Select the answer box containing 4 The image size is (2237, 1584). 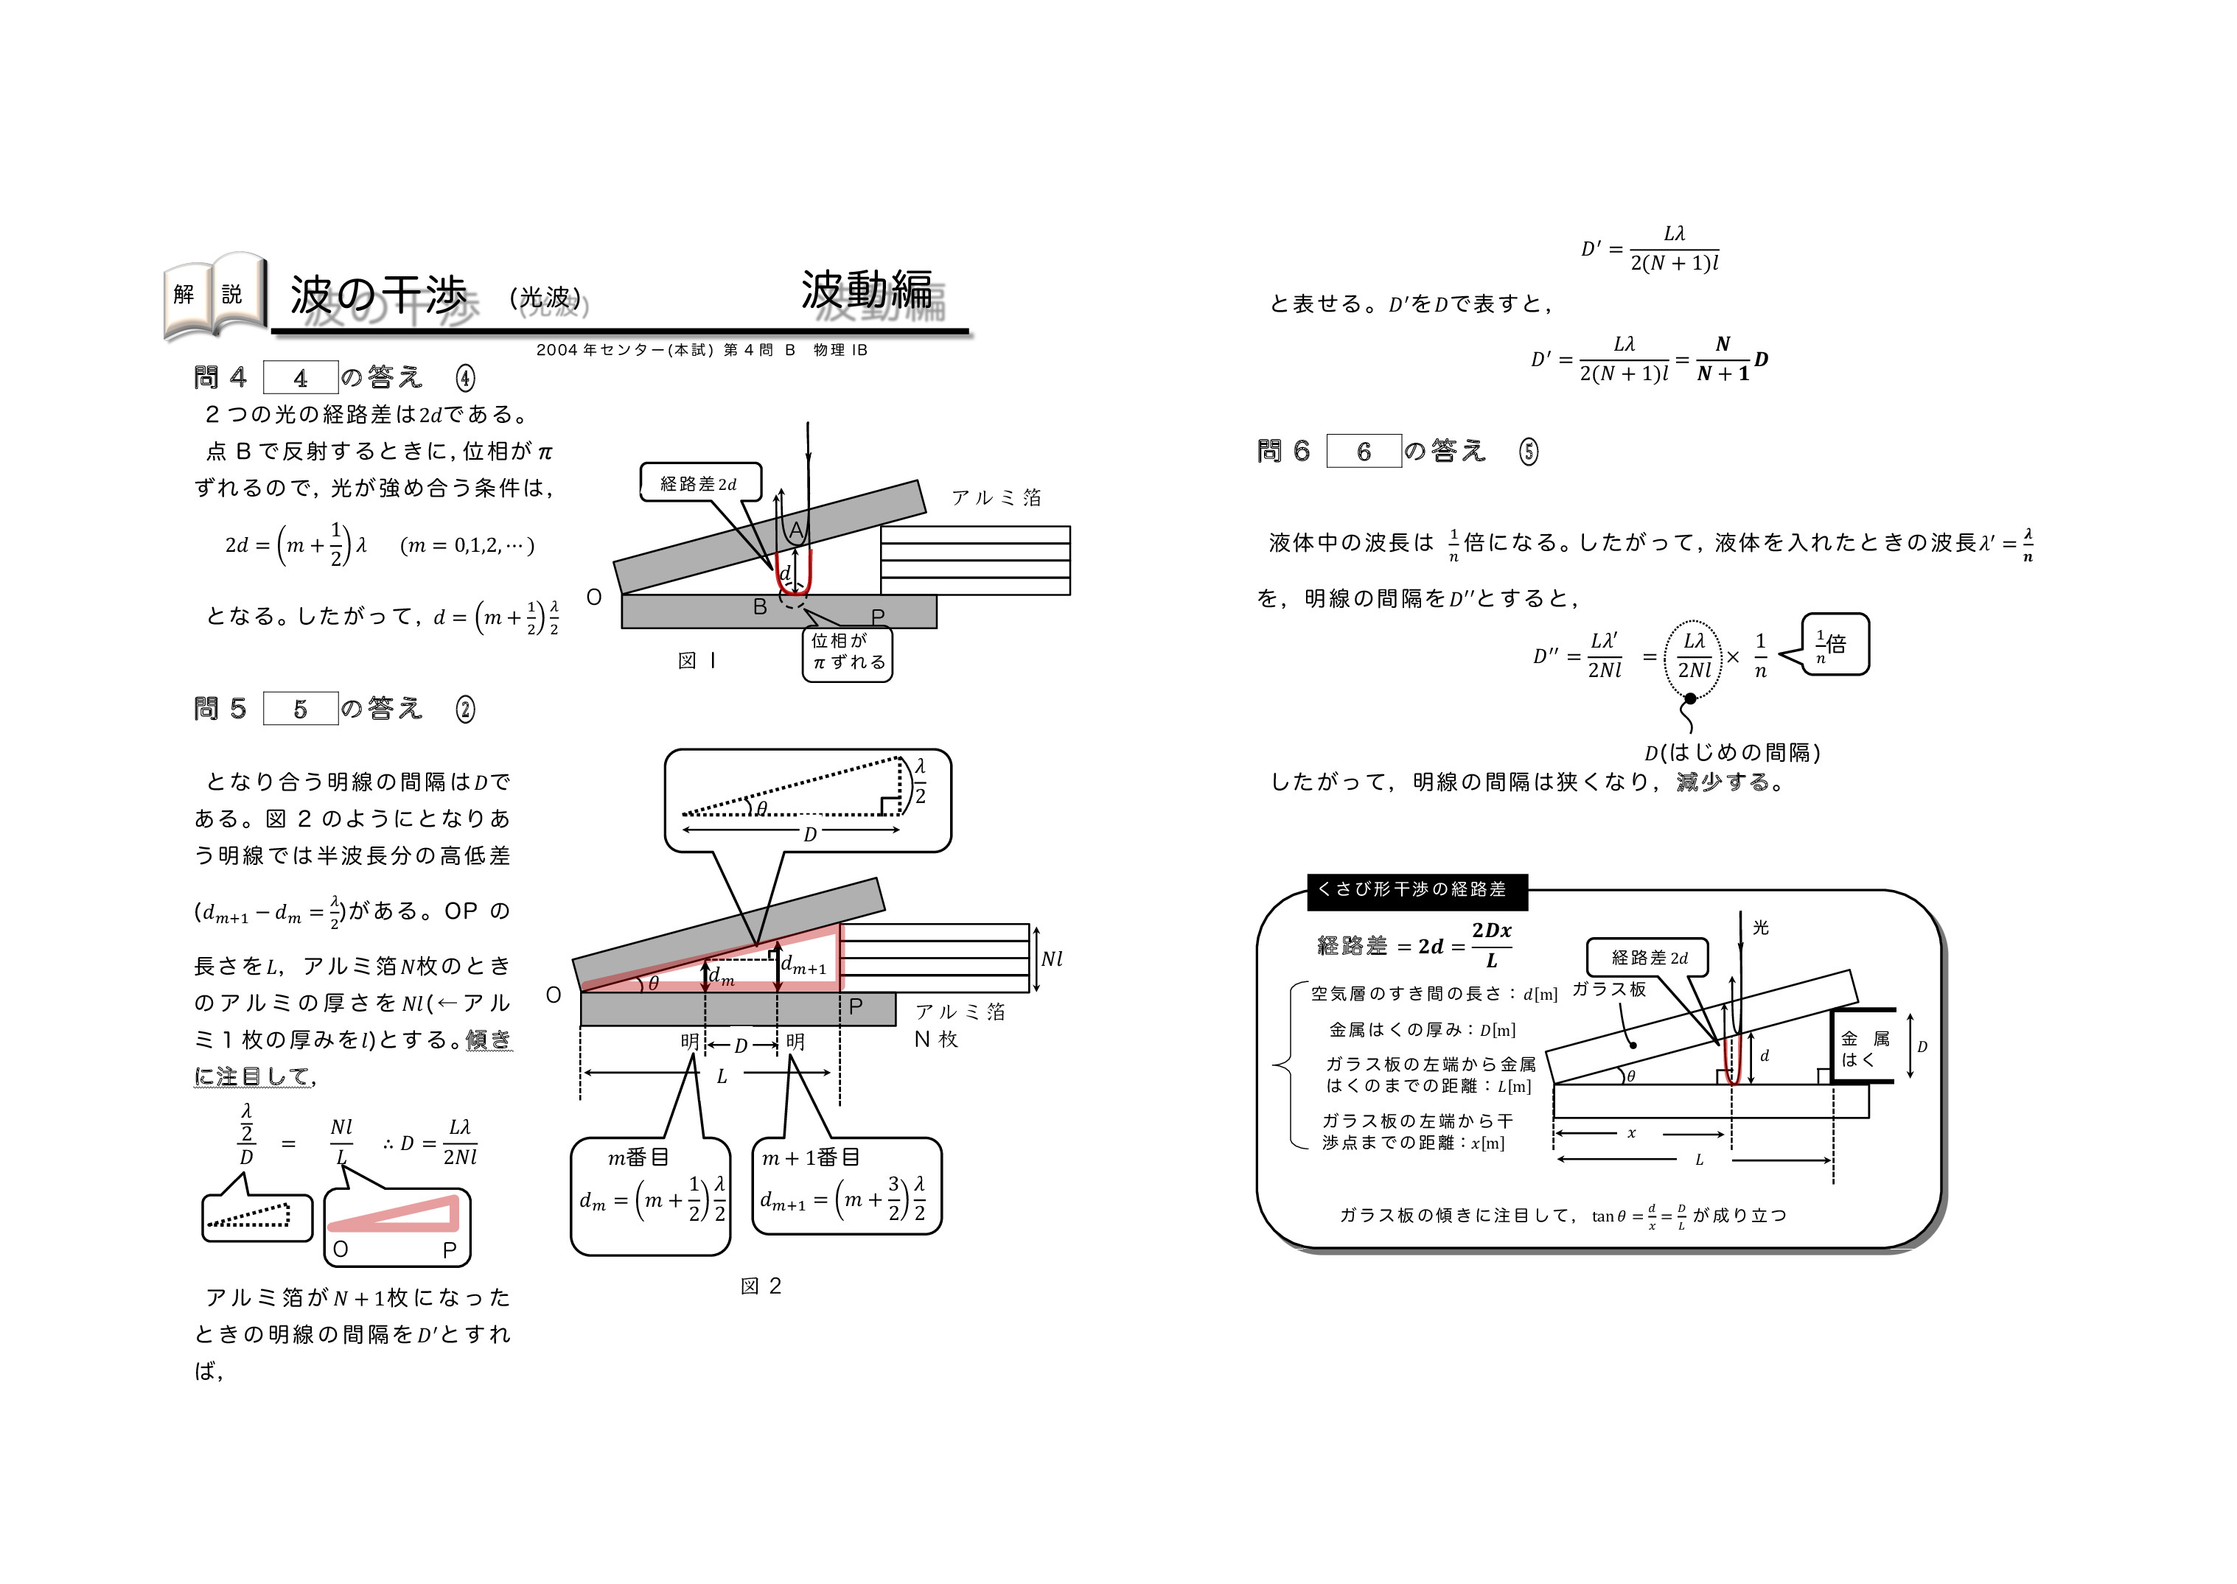click(301, 377)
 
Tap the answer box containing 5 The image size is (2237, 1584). click(301, 709)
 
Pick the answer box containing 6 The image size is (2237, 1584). click(1364, 451)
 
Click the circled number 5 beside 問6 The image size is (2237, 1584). click(1529, 451)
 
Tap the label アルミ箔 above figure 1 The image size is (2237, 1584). click(996, 497)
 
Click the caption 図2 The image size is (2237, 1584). click(761, 1286)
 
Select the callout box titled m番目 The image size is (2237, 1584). click(651, 1196)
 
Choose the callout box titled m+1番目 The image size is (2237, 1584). click(847, 1186)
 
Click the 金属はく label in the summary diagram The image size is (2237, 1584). click(1864, 1048)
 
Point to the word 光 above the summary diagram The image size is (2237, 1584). click(1761, 927)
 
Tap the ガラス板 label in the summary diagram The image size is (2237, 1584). click(1609, 989)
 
